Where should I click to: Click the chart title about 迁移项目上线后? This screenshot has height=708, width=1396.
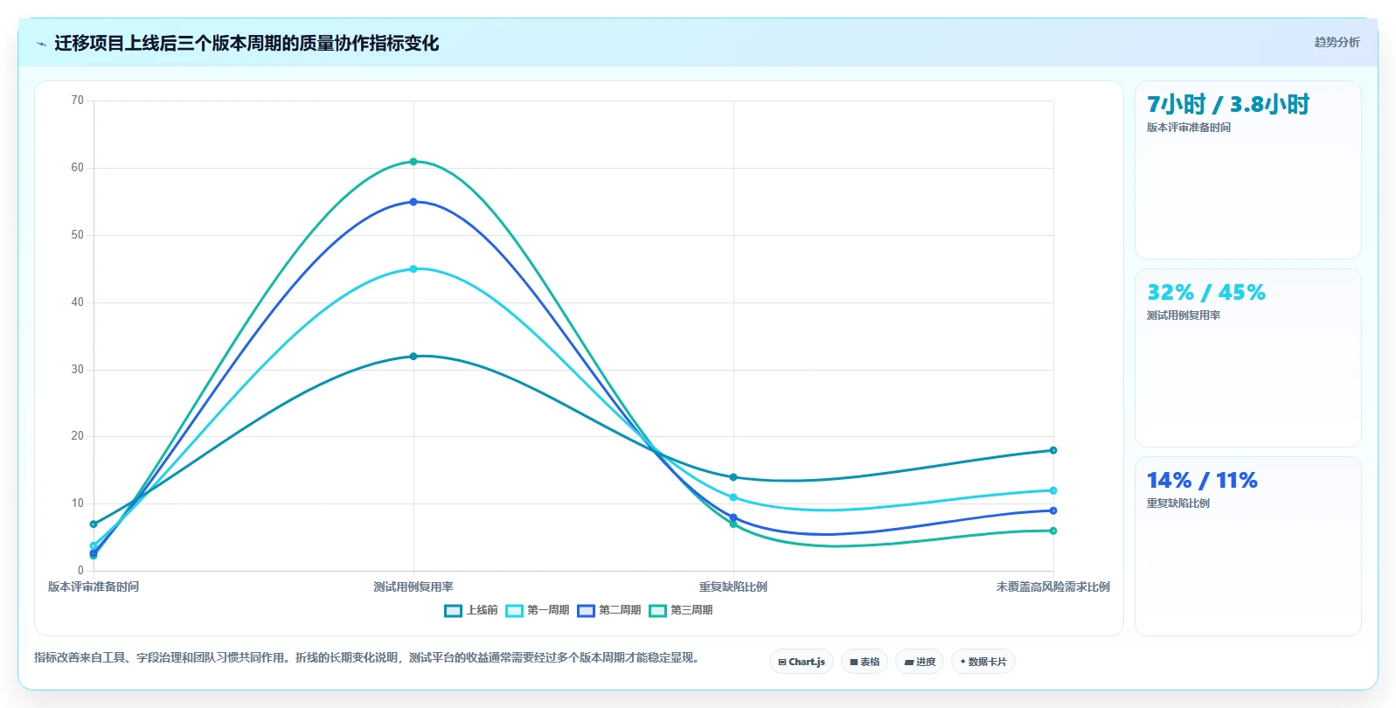click(x=247, y=44)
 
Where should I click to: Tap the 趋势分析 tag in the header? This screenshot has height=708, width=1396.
click(x=1337, y=42)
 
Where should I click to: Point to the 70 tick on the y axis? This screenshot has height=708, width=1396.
click(x=77, y=101)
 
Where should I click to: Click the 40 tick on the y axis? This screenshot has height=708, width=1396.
click(x=77, y=302)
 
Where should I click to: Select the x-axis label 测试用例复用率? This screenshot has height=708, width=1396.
click(x=413, y=587)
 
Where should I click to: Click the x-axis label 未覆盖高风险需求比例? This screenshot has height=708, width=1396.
click(x=1052, y=587)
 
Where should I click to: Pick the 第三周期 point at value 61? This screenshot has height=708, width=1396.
click(x=413, y=162)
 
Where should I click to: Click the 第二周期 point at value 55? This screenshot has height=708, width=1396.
click(x=413, y=202)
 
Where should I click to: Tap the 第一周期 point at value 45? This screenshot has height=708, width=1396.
click(x=413, y=269)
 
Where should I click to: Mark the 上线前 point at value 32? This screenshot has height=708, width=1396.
click(x=413, y=357)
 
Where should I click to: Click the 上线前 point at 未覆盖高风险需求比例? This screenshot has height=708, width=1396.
click(x=1053, y=450)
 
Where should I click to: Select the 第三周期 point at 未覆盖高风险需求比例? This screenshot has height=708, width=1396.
click(x=1053, y=531)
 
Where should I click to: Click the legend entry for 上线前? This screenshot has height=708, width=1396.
click(x=470, y=610)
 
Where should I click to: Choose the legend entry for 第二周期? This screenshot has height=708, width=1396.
click(x=609, y=610)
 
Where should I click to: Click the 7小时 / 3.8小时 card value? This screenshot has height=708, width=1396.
click(x=1228, y=105)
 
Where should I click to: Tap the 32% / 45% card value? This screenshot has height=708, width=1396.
click(x=1206, y=292)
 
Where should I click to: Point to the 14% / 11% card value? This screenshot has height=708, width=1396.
click(x=1202, y=481)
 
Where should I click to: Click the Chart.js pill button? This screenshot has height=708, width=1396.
click(x=802, y=662)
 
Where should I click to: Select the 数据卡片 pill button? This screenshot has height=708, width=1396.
click(x=983, y=662)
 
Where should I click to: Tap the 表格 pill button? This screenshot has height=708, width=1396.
click(x=865, y=662)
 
